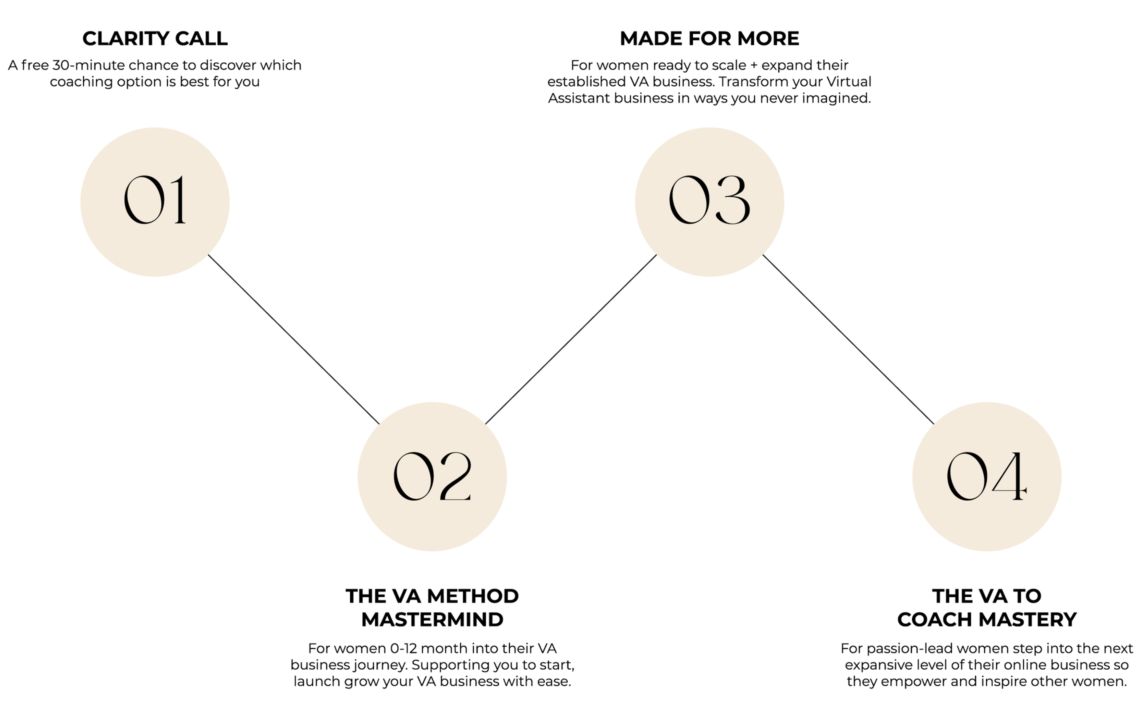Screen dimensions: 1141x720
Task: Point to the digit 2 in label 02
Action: [453, 477]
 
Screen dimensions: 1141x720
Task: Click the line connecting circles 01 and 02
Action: [294, 339]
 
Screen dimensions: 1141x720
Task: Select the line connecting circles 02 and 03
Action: [571, 339]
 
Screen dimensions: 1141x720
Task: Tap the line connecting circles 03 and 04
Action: [848, 339]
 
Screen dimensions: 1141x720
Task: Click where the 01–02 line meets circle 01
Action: [210, 256]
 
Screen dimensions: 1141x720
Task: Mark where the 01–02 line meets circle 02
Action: [377, 422]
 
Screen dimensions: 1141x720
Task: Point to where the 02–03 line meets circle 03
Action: [654, 257]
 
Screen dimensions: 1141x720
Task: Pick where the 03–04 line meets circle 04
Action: [932, 422]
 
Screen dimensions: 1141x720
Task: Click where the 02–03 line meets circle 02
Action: [488, 422]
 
